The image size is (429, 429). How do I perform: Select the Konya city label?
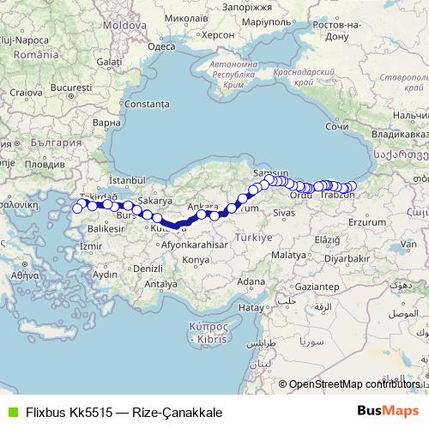[x=196, y=259]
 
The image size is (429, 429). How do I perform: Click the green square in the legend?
[x=11, y=412]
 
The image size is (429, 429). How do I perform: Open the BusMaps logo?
[x=389, y=412]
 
